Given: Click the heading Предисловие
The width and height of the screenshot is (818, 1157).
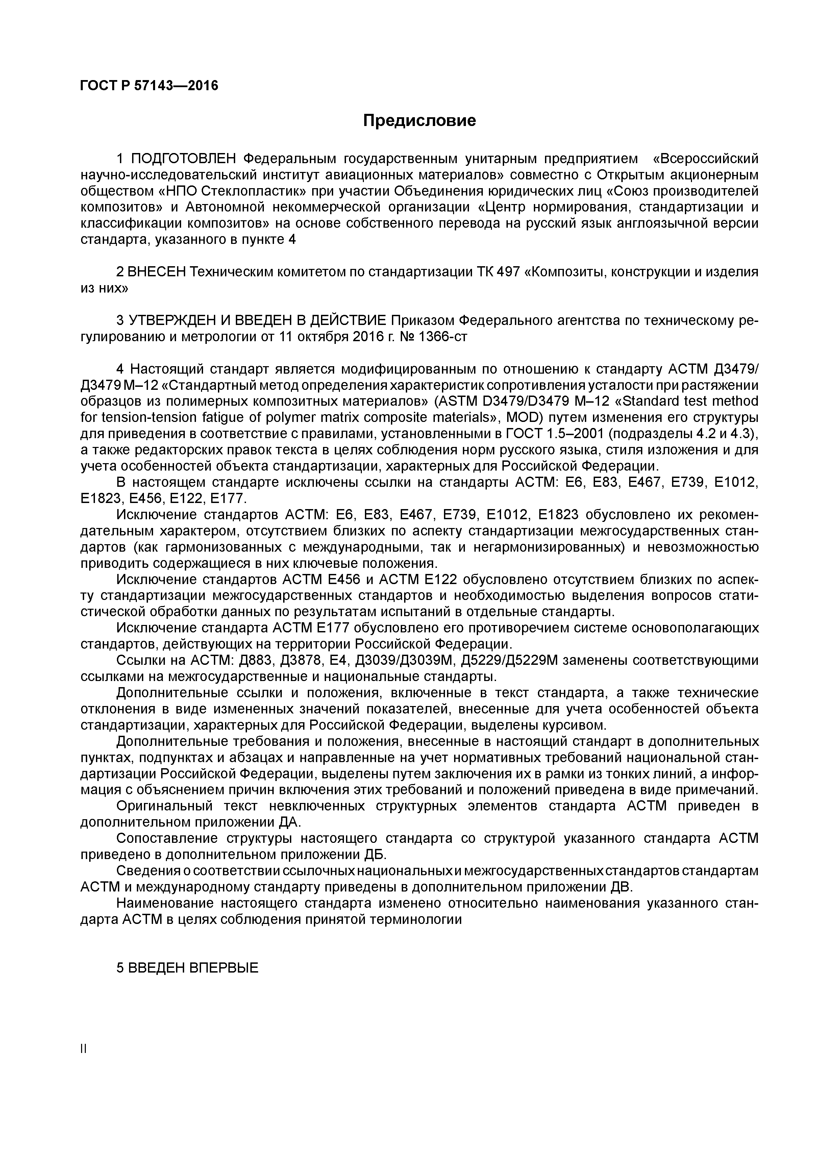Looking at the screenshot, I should (419, 121).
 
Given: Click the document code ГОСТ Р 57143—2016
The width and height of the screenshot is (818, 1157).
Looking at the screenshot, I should (149, 86).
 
